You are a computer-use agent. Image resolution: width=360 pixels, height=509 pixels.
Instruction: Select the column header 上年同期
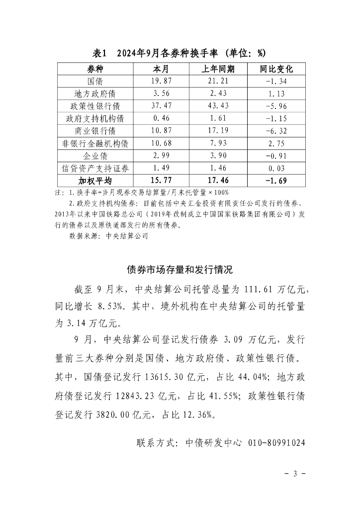218,68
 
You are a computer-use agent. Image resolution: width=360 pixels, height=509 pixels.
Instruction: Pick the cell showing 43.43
218,106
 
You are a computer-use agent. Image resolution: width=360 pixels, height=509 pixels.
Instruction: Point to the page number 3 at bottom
295,473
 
